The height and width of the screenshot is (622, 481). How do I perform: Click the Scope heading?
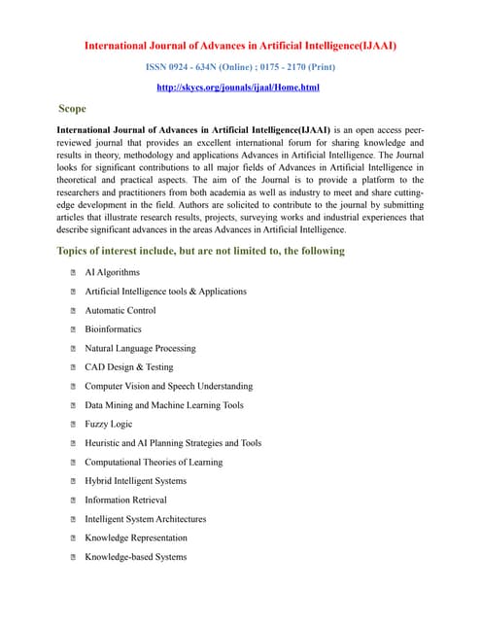pos(74,109)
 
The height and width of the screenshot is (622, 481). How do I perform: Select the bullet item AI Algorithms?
pos(113,272)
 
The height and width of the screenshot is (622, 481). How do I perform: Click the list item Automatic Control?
pos(120,310)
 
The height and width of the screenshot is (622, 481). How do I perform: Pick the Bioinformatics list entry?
pos(113,329)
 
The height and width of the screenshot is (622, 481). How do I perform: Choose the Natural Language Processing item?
pos(140,348)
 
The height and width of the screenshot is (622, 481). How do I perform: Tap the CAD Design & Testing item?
pos(129,367)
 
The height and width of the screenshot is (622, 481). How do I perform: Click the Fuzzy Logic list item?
pos(109,424)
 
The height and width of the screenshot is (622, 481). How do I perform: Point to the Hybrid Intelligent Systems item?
pos(136,481)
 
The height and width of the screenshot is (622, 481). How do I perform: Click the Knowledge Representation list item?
pos(136,537)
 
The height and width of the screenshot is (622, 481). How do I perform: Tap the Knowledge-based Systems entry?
pos(136,557)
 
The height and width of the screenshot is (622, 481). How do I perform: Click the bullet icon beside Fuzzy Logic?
pos(74,425)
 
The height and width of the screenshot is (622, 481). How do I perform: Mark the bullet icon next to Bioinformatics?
pos(74,329)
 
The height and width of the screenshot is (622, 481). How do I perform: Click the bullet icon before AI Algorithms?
pos(74,273)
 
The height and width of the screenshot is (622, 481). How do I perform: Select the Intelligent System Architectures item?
pos(146,519)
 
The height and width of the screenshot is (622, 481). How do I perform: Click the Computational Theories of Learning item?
pos(154,462)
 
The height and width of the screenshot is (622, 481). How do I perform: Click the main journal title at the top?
pos(240,45)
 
